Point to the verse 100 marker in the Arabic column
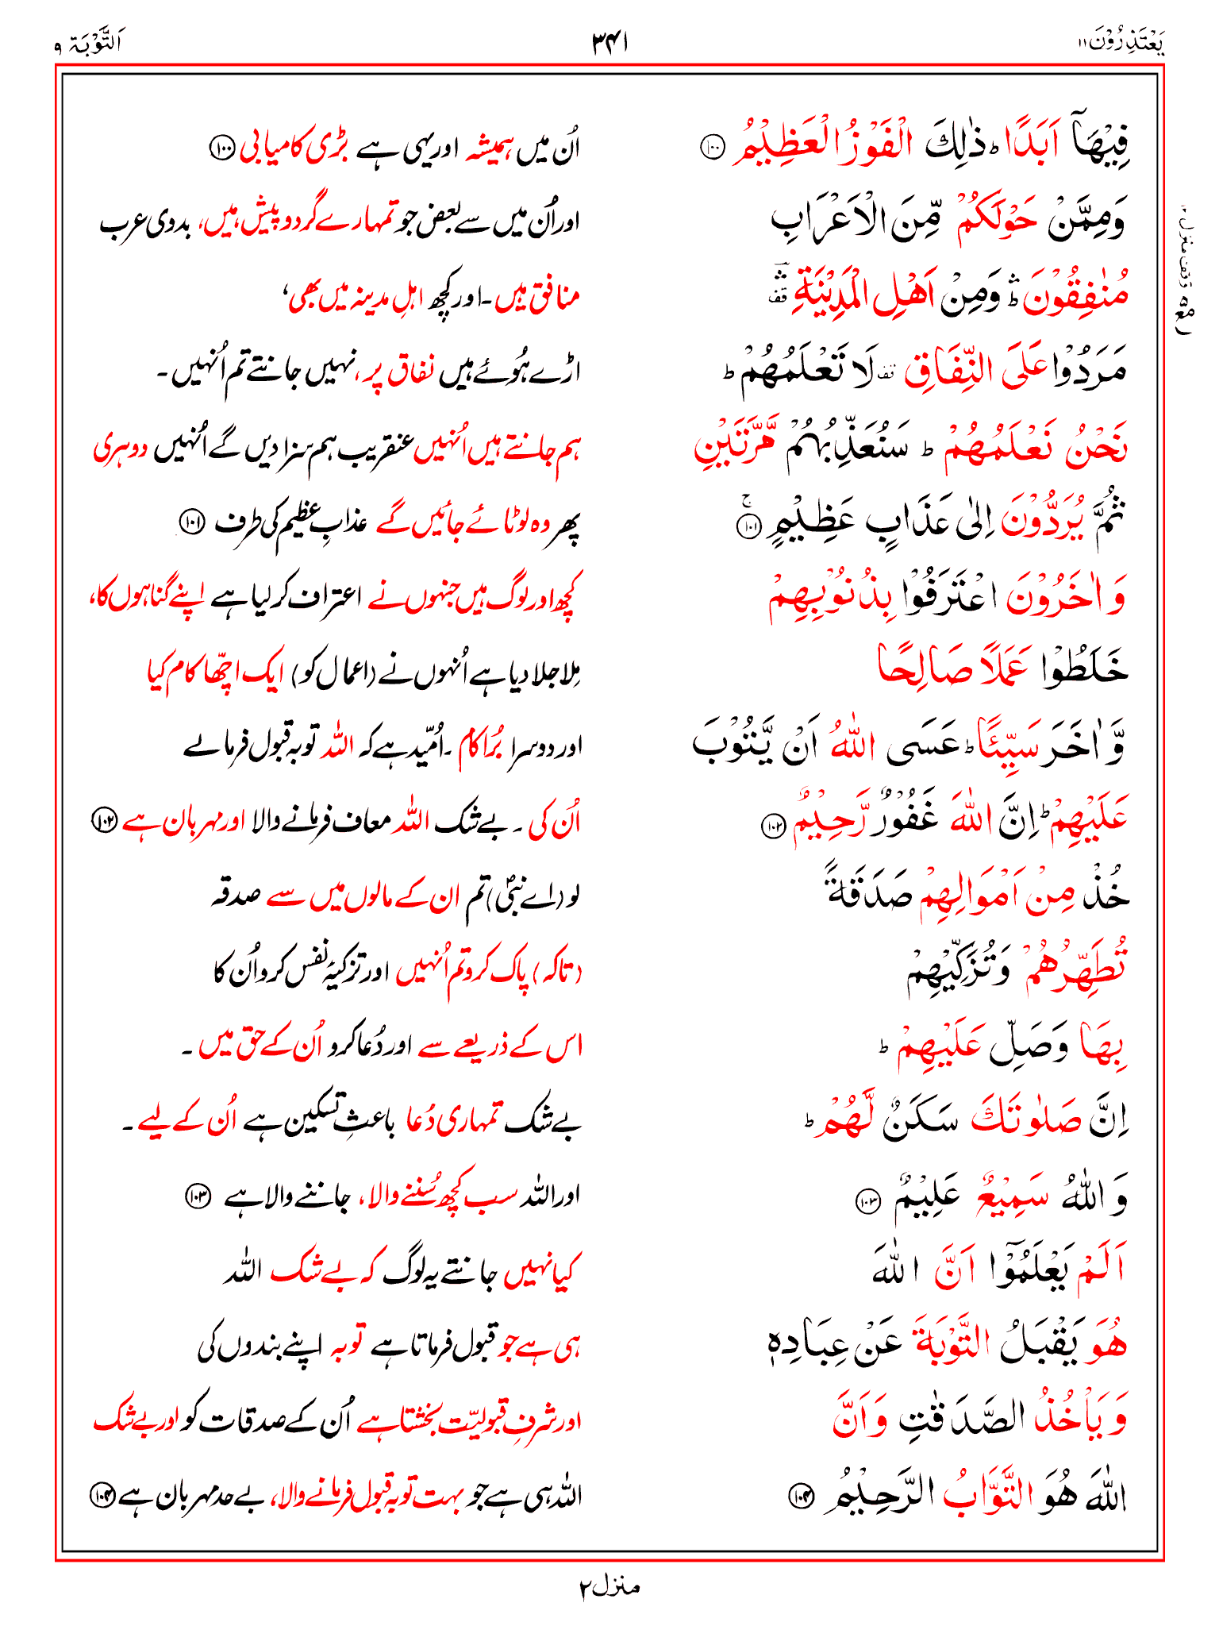point(712,147)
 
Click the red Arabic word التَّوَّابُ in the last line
point(986,1496)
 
